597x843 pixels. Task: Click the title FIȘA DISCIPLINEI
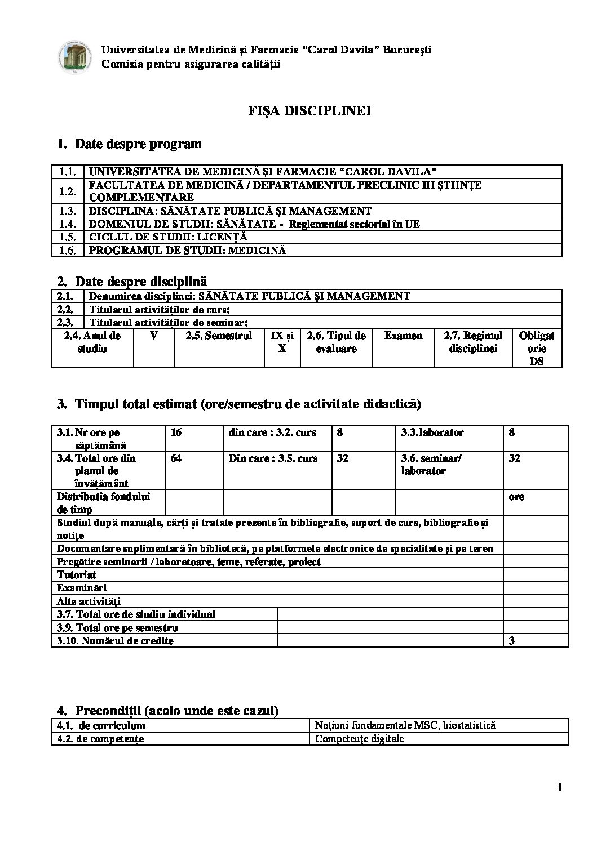point(309,111)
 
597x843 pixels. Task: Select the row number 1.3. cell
point(68,211)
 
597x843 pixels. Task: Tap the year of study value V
point(154,336)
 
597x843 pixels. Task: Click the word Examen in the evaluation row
point(403,336)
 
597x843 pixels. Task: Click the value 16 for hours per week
point(176,433)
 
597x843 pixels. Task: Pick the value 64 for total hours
point(176,458)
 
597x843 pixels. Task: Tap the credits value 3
point(511,641)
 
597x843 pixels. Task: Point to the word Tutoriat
point(77,575)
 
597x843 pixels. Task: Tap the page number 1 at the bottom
point(559,788)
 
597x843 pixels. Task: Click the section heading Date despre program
point(138,144)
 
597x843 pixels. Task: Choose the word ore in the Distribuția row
point(516,497)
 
